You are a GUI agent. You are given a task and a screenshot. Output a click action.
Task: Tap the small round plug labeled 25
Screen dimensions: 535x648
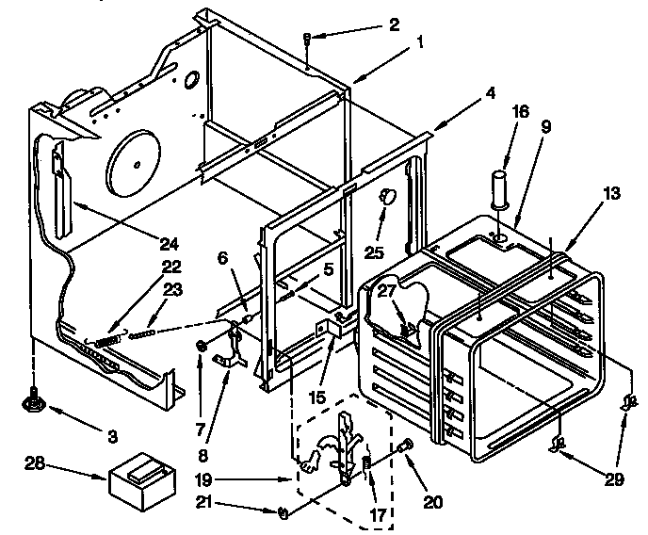point(385,197)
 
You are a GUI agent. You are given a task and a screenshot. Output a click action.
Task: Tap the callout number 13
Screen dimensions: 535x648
point(612,194)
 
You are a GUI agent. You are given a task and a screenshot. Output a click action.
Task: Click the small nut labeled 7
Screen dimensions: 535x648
point(202,348)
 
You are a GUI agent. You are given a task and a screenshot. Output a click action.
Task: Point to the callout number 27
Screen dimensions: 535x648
point(385,292)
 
